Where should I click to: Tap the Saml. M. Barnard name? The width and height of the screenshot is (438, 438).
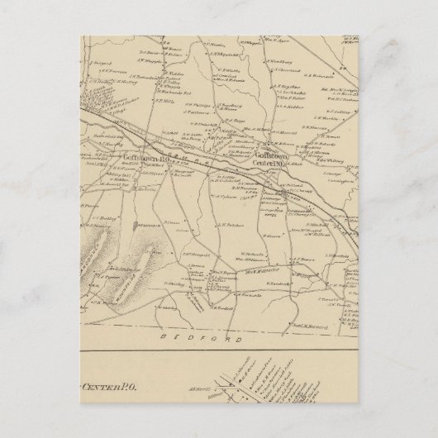coord(306,327)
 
